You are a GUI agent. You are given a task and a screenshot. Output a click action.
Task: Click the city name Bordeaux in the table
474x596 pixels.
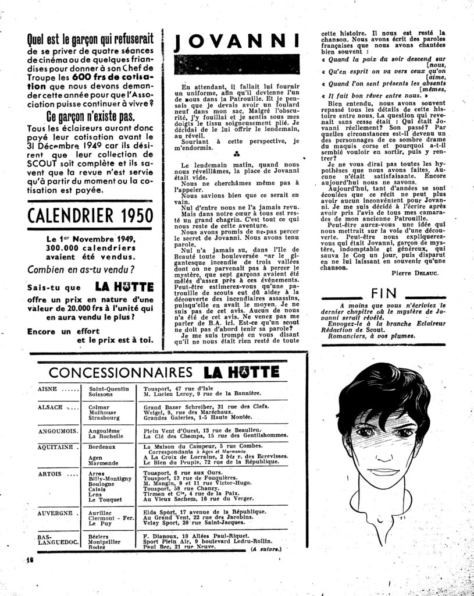click(x=102, y=447)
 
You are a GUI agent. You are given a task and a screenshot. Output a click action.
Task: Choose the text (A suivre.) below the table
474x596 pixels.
click(x=266, y=549)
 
